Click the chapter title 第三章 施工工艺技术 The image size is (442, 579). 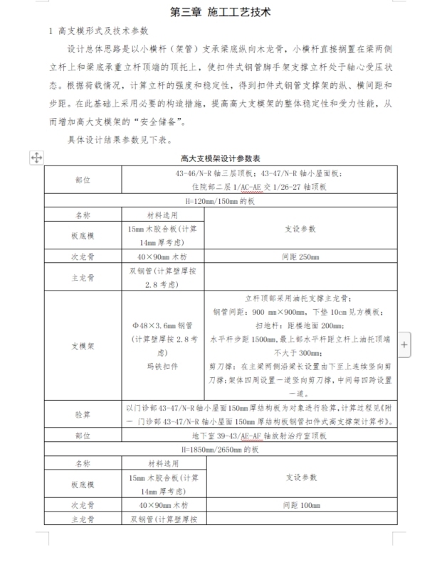click(221, 13)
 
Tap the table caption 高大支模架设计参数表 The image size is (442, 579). click(220, 158)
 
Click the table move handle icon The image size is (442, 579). click(36, 158)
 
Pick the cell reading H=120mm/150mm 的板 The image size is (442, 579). click(220, 201)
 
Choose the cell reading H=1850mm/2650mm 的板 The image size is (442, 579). click(220, 450)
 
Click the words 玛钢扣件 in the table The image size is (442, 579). click(163, 366)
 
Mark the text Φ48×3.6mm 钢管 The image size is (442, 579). click(163, 325)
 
